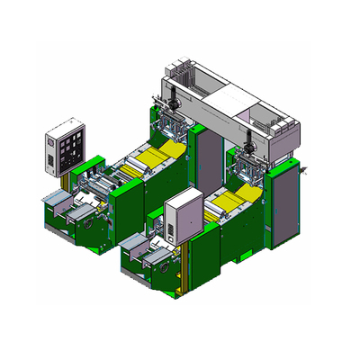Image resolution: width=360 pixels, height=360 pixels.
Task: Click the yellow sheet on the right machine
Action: click(237, 203)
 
